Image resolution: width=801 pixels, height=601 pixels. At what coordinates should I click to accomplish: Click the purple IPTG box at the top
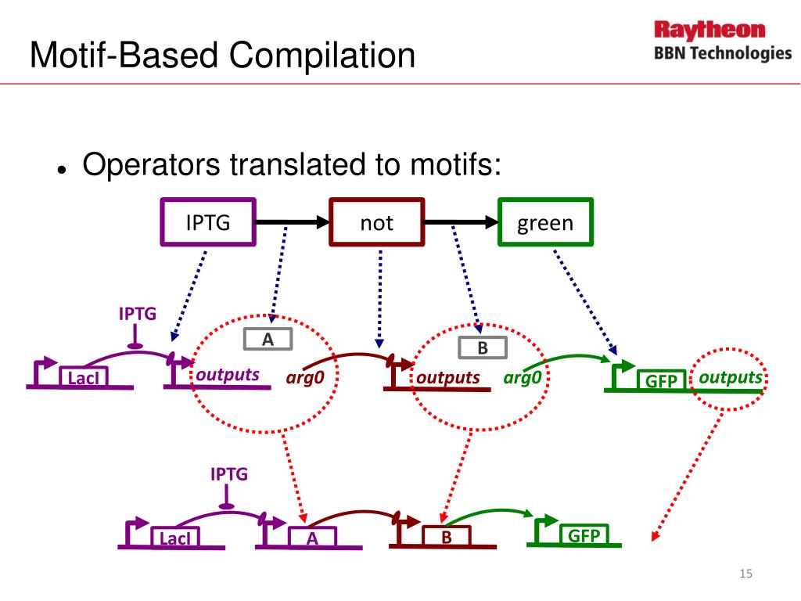pos(208,223)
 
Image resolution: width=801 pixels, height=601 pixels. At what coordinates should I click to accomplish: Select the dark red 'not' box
pos(376,223)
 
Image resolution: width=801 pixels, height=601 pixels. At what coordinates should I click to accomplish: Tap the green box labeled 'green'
pos(545,223)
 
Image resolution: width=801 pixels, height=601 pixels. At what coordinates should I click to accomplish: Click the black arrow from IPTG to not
pos(292,223)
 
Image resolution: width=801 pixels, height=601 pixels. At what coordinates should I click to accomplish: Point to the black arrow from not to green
pos(461,223)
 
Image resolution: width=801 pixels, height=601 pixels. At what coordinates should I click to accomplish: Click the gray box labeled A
pos(268,339)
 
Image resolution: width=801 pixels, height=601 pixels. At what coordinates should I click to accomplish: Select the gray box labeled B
pos(483,348)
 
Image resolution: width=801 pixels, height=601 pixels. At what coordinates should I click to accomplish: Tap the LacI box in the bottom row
pos(174,538)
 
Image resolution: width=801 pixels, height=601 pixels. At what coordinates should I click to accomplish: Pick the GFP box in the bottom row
pos(584,535)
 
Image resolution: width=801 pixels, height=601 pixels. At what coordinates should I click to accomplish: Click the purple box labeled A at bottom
pos(312,538)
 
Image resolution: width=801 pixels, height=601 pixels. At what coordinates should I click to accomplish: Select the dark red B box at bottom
pos(447,538)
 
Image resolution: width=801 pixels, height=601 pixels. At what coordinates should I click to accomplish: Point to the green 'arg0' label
pos(523,379)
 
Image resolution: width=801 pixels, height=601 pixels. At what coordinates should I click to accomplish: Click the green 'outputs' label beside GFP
pos(730,378)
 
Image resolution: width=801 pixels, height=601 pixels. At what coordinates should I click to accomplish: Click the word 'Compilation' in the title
pos(322,56)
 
